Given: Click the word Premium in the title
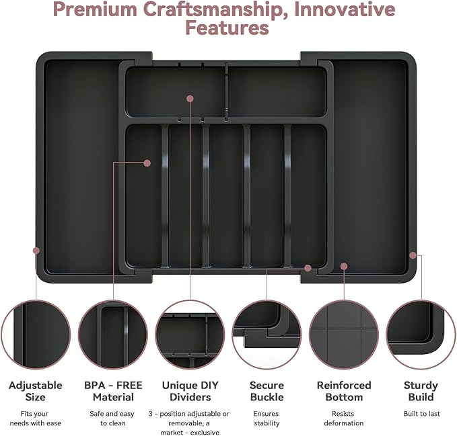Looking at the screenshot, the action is (x=96, y=9).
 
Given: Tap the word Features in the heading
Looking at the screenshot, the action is (x=227, y=28).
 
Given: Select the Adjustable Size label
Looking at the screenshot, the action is (x=35, y=391).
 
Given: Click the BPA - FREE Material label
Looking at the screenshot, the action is (x=113, y=391).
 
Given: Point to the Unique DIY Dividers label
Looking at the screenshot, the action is (x=190, y=391).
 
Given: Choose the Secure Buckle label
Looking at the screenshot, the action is (x=267, y=391).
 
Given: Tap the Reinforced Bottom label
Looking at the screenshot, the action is (x=344, y=391).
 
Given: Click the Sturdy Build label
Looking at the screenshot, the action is (x=421, y=391).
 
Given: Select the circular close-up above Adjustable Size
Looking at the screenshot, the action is (x=36, y=335).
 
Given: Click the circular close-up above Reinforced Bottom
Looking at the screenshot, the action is (x=344, y=335).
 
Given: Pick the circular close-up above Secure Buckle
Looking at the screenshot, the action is (x=267, y=335).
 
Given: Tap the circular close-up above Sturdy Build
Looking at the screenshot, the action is (x=421, y=335).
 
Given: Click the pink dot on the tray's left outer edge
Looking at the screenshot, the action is (x=36, y=251).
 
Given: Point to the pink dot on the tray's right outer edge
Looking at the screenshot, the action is (x=413, y=255).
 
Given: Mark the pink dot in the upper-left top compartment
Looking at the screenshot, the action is (x=190, y=99).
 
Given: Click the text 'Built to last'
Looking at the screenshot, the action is (x=421, y=413).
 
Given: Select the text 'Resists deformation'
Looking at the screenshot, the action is (x=344, y=419).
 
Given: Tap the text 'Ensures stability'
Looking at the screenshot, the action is (x=267, y=419).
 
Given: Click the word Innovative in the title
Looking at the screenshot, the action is (x=345, y=9).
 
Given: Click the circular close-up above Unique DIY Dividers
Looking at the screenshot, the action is (x=190, y=335).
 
